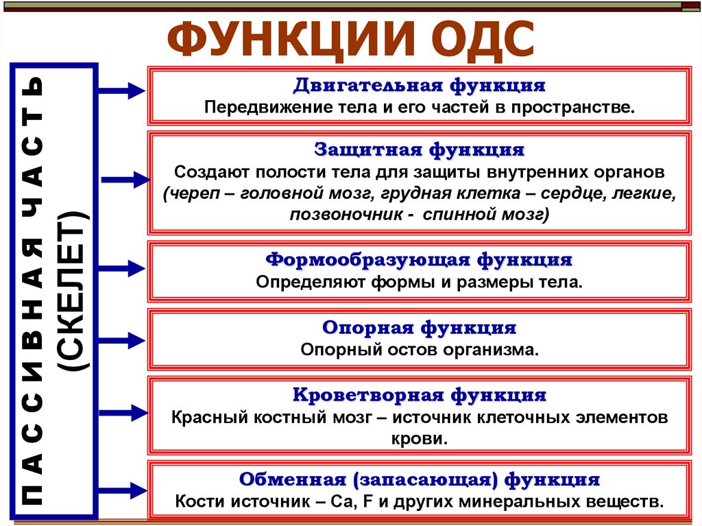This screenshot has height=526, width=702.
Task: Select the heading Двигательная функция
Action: (x=420, y=86)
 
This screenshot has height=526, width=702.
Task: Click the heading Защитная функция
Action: (x=420, y=149)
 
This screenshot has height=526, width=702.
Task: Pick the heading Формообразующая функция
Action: (x=419, y=260)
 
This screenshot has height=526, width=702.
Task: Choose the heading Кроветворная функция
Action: (x=420, y=396)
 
